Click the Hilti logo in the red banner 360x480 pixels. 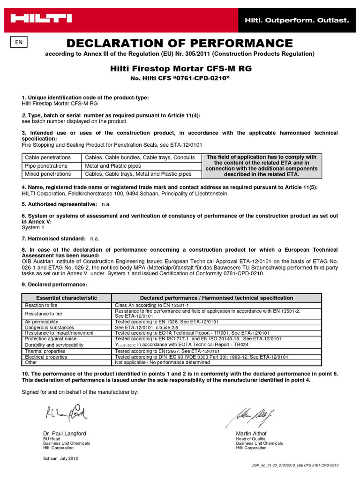tap(42, 19)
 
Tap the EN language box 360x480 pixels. tap(19, 42)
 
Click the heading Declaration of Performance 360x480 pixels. tap(180, 44)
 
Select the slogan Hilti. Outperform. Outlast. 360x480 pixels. tap(296, 20)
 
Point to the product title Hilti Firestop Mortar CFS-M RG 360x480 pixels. tap(180, 68)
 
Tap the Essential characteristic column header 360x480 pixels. tap(67, 298)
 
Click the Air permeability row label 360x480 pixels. tap(41, 322)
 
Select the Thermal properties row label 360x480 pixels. tap(45, 351)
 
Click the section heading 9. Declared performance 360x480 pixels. tap(54, 285)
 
